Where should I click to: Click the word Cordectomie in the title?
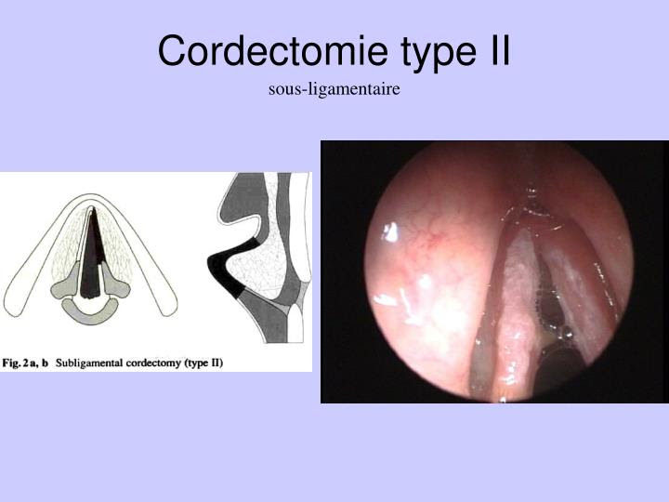273,50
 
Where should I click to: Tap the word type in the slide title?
439,53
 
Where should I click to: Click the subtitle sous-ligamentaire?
334,89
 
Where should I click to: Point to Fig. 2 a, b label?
25,363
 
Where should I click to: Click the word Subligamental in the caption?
89,363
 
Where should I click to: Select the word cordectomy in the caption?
153,363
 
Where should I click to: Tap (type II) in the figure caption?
203,363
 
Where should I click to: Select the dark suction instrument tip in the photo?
559,367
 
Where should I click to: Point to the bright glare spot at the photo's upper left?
390,232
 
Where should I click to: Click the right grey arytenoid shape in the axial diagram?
115,283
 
